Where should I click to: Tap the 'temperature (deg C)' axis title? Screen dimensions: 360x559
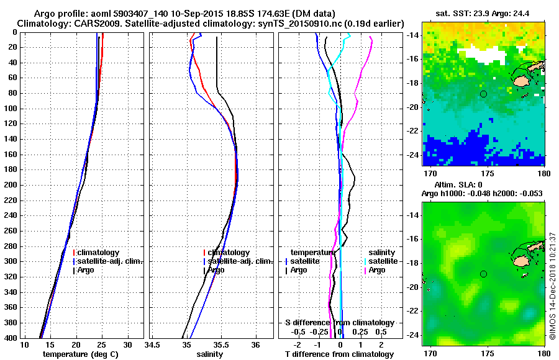(x=80, y=354)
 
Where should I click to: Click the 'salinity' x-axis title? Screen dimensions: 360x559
(x=210, y=354)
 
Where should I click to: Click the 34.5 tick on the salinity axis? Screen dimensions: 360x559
(x=152, y=344)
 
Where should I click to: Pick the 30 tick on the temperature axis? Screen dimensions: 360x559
(x=127, y=344)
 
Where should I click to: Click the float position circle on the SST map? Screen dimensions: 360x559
(x=483, y=94)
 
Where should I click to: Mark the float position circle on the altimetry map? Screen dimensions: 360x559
(x=483, y=274)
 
